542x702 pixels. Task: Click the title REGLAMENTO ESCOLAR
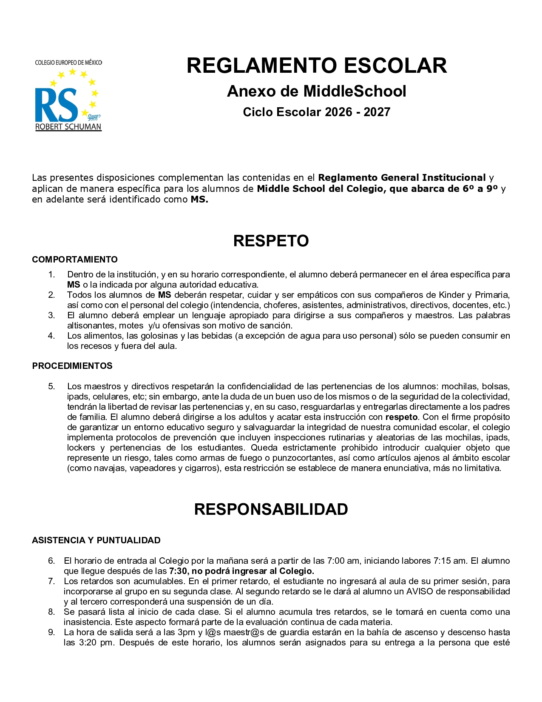coord(317,66)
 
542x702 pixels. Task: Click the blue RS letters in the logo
coord(56,105)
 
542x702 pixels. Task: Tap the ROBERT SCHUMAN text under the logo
coord(68,127)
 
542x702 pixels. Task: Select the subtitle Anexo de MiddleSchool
coord(317,91)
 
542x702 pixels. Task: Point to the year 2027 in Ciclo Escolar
coord(377,112)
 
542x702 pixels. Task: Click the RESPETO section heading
coord(271,241)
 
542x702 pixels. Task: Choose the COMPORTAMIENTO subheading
coord(75,260)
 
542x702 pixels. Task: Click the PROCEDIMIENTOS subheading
coord(72,366)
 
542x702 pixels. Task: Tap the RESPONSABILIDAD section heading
coord(271,509)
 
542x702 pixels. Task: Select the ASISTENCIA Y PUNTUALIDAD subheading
coord(96,540)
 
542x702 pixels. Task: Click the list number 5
coord(51,386)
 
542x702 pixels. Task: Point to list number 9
coord(51,632)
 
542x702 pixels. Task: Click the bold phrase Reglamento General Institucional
coord(402,177)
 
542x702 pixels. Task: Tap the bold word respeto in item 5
coord(401,417)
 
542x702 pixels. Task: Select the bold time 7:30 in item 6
coord(178,571)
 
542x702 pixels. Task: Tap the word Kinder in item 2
coord(451,295)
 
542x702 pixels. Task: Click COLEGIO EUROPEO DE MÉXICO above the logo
coord(68,63)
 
